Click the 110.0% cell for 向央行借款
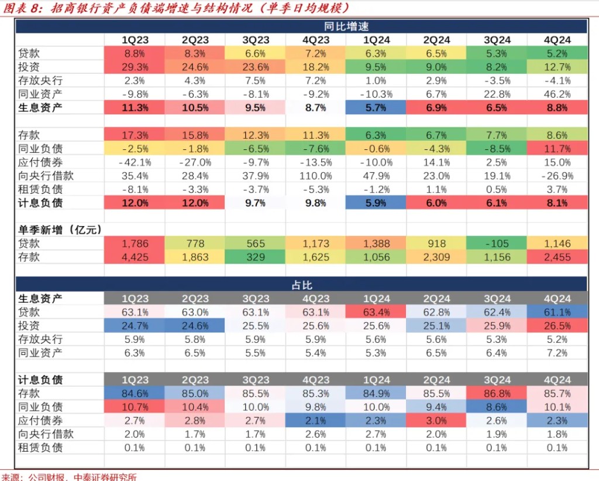[x=315, y=176]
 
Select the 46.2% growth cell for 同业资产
[x=556, y=94]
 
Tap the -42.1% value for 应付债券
[x=135, y=162]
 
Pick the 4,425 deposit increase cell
[x=135, y=257]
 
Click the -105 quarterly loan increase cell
[x=496, y=243]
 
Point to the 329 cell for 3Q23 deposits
[x=256, y=257]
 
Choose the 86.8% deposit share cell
[x=496, y=393]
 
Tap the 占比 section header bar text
[x=301, y=285]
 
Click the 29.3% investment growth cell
[x=135, y=67]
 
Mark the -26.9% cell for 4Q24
[x=556, y=176]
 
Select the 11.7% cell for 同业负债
[x=556, y=149]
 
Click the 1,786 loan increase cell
[x=135, y=243]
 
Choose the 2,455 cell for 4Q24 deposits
[x=556, y=257]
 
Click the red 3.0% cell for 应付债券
[x=436, y=421]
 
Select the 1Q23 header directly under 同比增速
[x=135, y=40]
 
